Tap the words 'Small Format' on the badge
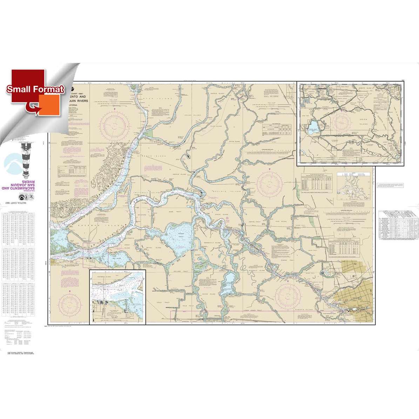pos(35,89)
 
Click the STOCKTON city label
pos(364,301)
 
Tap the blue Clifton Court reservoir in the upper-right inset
pos(313,125)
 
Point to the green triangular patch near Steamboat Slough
pos(150,134)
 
